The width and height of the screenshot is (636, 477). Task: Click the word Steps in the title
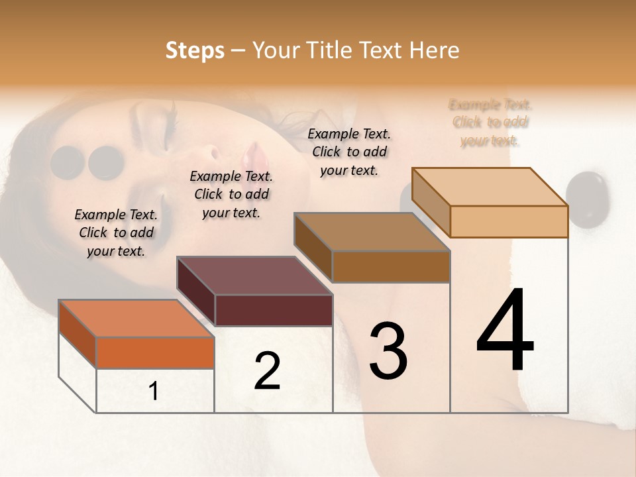[x=195, y=50]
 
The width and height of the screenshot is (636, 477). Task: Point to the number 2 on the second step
[x=267, y=371]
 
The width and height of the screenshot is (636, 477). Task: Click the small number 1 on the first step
[x=154, y=391]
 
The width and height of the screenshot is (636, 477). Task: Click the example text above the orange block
[x=116, y=233]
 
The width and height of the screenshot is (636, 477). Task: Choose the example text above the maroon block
[x=231, y=194]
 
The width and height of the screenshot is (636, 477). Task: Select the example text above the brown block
[x=349, y=152]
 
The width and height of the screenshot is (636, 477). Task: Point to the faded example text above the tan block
[x=490, y=123]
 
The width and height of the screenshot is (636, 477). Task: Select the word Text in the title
[x=381, y=50]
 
